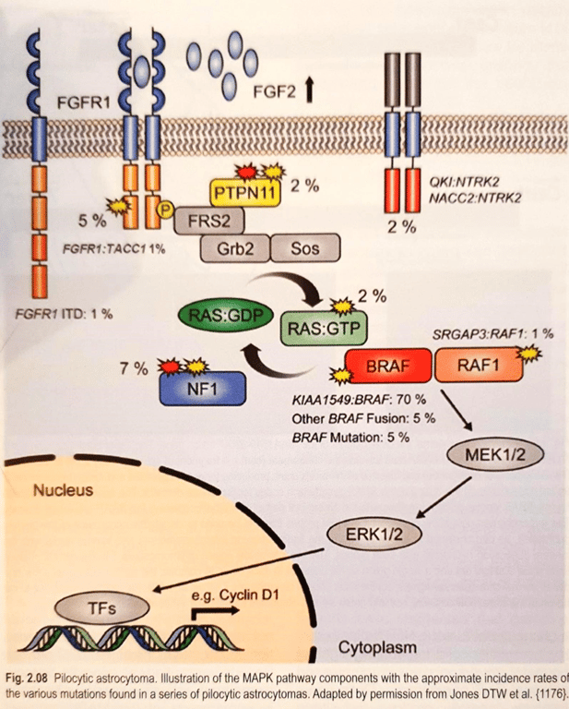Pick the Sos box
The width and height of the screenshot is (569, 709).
pos(305,248)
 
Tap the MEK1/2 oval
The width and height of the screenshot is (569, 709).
pos(480,453)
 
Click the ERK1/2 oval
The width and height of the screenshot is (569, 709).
pos(373,534)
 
